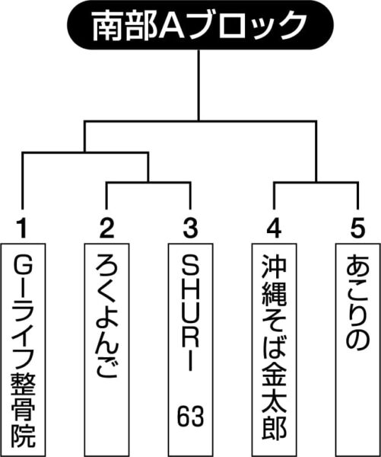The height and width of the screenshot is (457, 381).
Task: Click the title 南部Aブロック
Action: tap(200, 25)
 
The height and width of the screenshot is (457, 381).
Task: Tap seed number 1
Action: tap(22, 228)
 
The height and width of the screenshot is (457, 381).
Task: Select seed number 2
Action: tap(106, 228)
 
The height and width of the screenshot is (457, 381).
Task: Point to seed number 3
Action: tap(191, 228)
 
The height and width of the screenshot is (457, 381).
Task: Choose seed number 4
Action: tap(274, 228)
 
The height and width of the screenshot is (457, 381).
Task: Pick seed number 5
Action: tap(357, 228)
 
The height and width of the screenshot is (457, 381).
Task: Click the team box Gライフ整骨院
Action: tap(23, 350)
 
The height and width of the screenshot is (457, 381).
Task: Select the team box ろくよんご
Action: tap(106, 350)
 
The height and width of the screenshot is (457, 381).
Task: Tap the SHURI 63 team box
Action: tap(190, 350)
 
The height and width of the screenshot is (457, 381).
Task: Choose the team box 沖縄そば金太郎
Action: tap(275, 350)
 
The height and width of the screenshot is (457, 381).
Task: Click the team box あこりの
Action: tap(358, 350)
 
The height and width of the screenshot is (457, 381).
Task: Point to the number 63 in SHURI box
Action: tap(191, 416)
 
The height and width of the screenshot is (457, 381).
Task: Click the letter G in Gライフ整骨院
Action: tap(23, 264)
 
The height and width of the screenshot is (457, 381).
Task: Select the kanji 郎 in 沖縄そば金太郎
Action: tap(275, 428)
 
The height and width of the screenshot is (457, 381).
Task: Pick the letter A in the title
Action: tap(171, 26)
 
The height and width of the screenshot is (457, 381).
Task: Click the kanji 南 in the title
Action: tap(107, 26)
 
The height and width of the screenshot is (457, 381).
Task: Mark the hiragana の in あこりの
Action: tap(358, 338)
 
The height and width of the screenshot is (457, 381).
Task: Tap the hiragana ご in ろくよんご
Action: tap(106, 366)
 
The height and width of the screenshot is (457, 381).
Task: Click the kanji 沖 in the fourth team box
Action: tap(275, 266)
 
